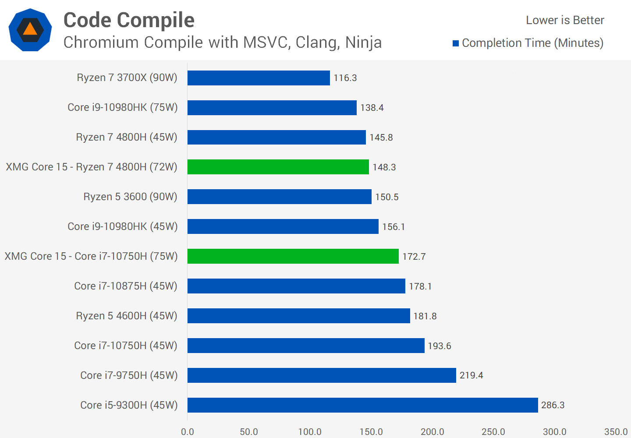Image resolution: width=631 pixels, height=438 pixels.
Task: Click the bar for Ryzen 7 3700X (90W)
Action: (x=259, y=78)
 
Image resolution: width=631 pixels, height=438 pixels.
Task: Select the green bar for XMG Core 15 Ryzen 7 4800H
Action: (x=278, y=167)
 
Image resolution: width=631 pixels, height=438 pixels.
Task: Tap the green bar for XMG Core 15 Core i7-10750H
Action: (x=293, y=256)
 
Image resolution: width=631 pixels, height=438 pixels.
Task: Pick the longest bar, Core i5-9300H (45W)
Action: (x=363, y=405)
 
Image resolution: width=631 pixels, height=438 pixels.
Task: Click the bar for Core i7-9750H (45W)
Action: (x=322, y=375)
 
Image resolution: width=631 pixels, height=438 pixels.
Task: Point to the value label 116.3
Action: (x=345, y=78)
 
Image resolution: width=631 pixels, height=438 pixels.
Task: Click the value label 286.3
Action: (x=553, y=405)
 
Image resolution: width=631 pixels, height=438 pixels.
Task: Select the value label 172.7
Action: (x=414, y=257)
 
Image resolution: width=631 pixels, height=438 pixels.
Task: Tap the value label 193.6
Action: (x=440, y=346)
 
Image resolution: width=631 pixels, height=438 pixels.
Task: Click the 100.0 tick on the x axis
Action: (x=310, y=432)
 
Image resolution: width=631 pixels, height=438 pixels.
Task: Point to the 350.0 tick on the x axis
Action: (x=616, y=432)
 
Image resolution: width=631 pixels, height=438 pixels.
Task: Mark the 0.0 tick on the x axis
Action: (x=188, y=432)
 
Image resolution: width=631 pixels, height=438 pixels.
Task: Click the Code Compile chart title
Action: (x=129, y=20)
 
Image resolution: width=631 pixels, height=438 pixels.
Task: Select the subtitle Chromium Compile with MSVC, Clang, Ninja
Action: (x=223, y=42)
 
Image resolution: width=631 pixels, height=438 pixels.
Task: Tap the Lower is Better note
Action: (x=565, y=20)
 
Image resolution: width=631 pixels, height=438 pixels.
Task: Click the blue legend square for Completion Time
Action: (x=456, y=43)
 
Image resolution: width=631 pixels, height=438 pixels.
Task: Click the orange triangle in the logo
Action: (x=30, y=29)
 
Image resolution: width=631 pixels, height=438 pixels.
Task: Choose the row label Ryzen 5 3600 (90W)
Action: (x=130, y=197)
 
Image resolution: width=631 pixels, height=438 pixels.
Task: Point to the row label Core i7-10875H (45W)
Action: (x=126, y=286)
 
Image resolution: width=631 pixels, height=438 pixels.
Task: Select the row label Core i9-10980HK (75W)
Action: (x=123, y=107)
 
